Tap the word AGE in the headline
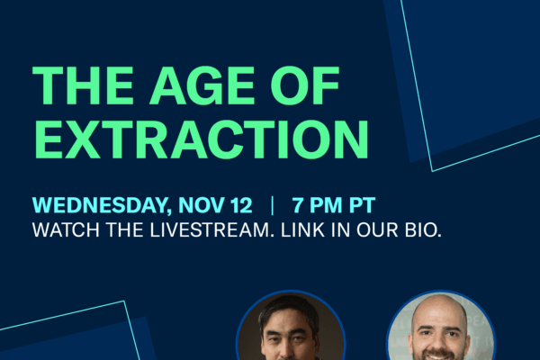point(202,88)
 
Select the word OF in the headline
point(307,88)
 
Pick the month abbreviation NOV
point(204,203)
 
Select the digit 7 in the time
point(300,203)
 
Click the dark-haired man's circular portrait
point(290,329)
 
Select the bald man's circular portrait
point(440,328)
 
